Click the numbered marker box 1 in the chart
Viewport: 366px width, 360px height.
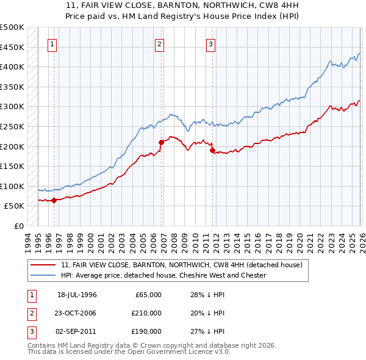pos(53,44)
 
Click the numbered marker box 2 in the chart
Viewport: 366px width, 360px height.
pos(159,44)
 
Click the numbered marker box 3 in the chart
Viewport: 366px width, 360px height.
pos(210,44)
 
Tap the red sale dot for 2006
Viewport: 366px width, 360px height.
pos(162,142)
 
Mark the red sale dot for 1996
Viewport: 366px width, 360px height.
pos(54,200)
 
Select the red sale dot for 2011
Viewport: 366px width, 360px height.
pos(212,150)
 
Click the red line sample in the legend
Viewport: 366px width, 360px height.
pos(44,265)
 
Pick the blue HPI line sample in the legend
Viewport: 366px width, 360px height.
pos(44,275)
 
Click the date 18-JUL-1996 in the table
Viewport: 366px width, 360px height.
pos(77,295)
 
